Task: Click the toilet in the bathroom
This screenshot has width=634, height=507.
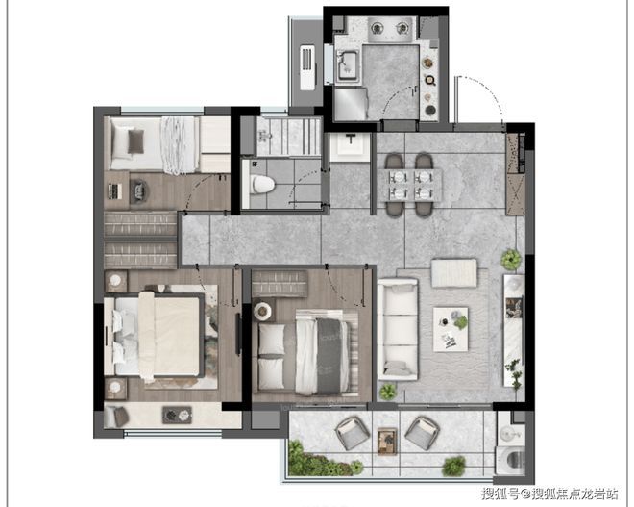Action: [x=263, y=185]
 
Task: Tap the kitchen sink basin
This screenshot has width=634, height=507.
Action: [x=347, y=65]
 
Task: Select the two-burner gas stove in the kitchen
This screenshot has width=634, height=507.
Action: [x=390, y=29]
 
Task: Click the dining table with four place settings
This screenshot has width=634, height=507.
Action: [x=410, y=185]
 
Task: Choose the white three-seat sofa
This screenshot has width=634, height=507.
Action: [x=398, y=329]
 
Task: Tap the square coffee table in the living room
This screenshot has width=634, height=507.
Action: [x=451, y=329]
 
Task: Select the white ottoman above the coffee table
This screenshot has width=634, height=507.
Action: [x=453, y=273]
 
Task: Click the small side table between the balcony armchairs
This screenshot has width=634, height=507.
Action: [x=387, y=442]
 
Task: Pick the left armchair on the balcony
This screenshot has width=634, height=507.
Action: [x=353, y=434]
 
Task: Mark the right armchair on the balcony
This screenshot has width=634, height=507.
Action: [x=422, y=433]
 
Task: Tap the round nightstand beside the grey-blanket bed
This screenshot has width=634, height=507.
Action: [x=263, y=311]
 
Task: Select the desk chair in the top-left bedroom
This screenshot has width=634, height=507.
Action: [x=139, y=190]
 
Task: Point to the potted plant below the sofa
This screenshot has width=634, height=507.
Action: [x=388, y=392]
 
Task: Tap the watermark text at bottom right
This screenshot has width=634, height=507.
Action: [x=549, y=494]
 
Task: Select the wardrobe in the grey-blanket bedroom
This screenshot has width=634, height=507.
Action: [x=279, y=284]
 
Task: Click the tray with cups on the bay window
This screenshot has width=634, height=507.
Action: [x=177, y=415]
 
